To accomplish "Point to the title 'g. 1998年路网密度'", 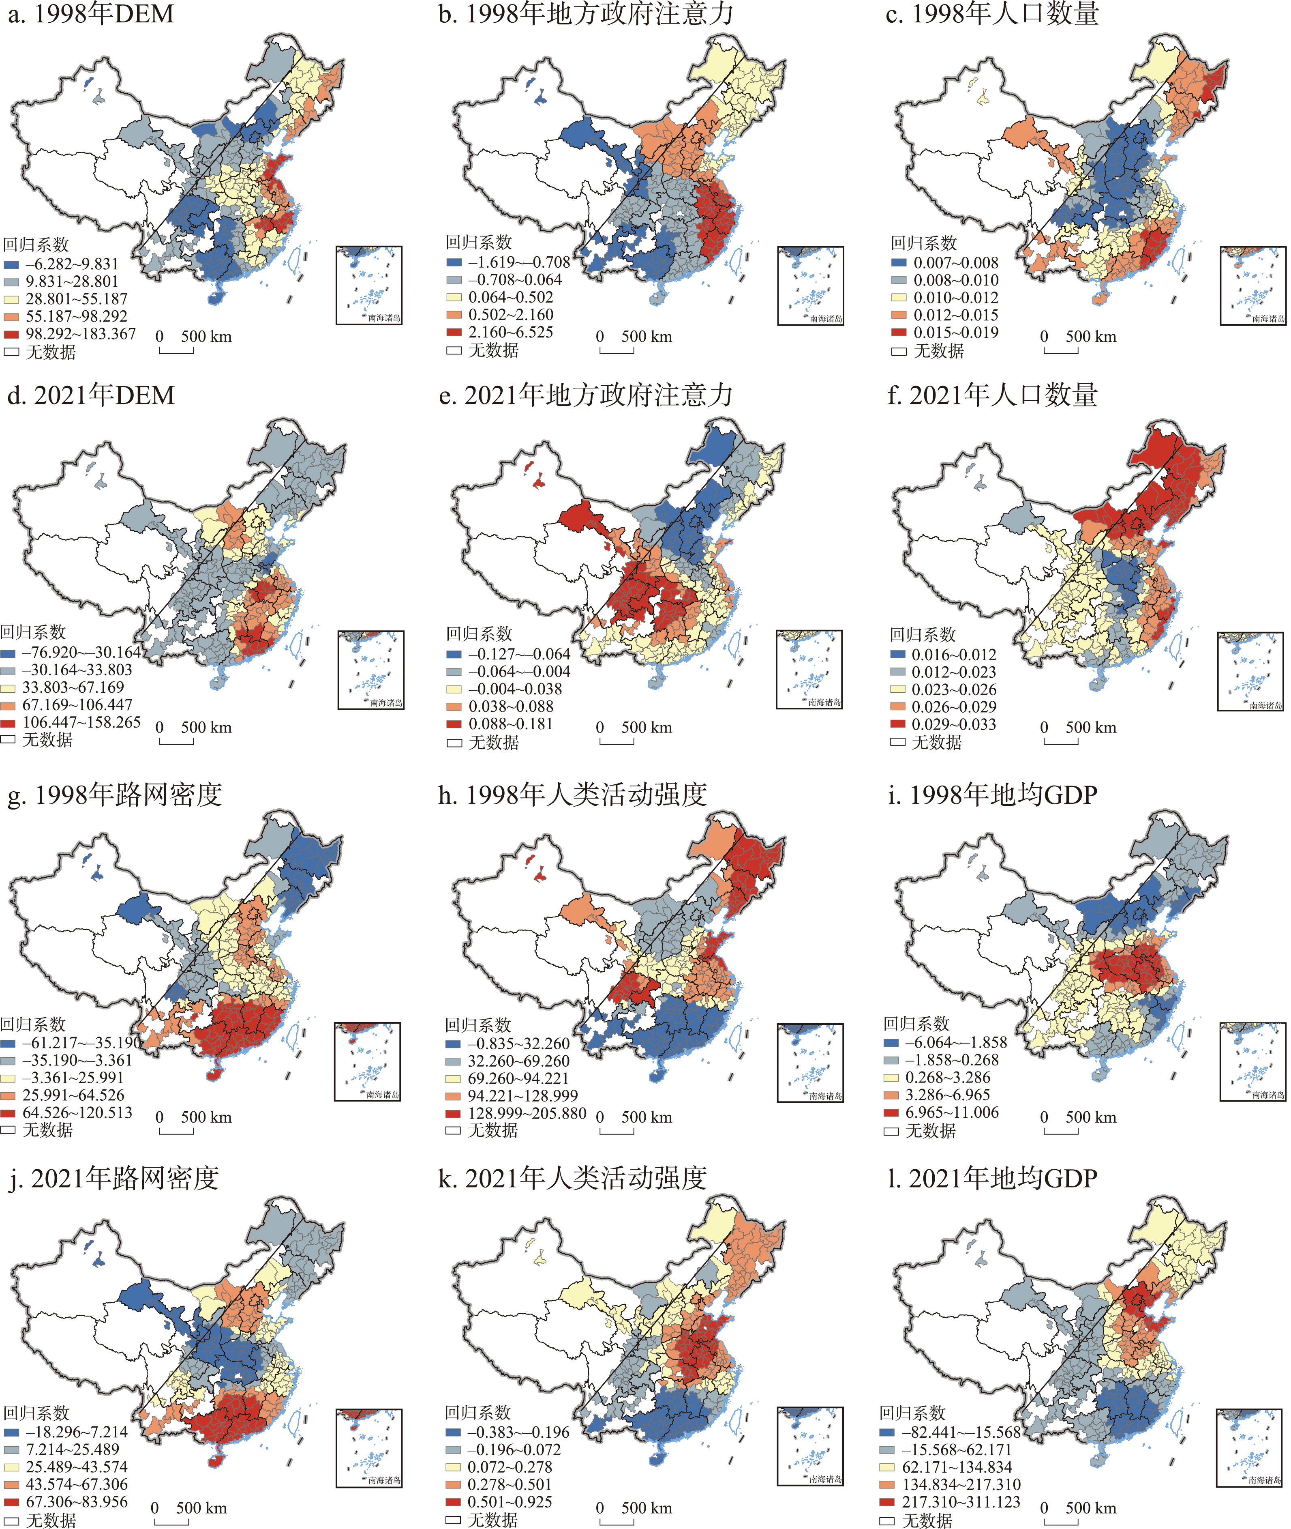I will (x=114, y=795).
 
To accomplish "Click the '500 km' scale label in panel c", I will (x=1090, y=337).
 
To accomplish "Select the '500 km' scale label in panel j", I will (x=201, y=1508).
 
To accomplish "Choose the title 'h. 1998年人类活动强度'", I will (x=572, y=795).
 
